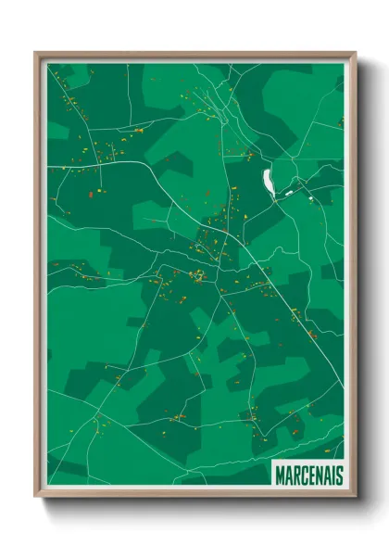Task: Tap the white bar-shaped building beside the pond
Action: point(289,192)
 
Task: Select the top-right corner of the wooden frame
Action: point(353,54)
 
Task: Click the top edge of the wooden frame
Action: point(194,54)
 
